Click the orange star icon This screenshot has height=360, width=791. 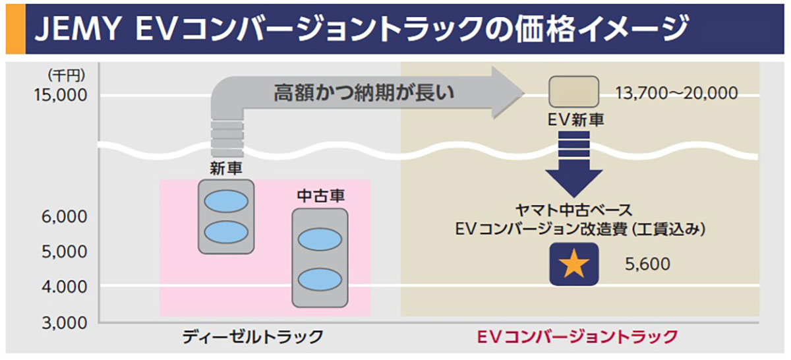click(574, 264)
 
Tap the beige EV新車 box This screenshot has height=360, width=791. click(574, 91)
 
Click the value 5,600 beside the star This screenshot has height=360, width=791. click(647, 264)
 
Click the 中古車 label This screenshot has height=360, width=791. click(321, 196)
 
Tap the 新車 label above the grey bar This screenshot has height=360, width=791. click(226, 168)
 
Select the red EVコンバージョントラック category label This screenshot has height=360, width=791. click(576, 337)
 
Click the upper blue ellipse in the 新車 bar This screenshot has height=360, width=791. click(226, 201)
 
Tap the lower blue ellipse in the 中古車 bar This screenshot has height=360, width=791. click(320, 278)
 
